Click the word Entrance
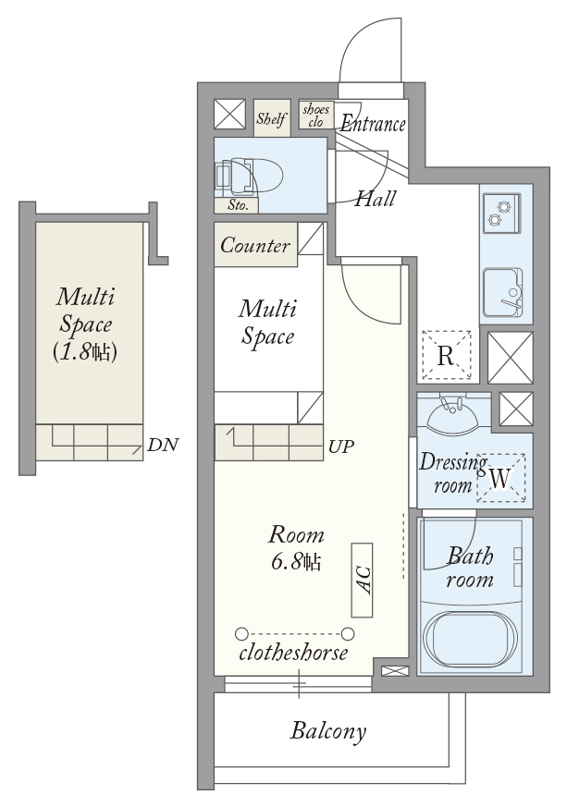pos(373,124)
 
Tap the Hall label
pos(376,198)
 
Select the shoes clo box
pos(316,116)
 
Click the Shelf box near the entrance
pos(271,118)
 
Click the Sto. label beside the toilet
pos(238,205)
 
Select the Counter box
pos(255,244)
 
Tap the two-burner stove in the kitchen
pos(501,213)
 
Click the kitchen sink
pos(502,292)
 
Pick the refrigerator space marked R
pos(446,355)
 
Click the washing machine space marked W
pos(500,478)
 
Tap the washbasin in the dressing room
pos(453,413)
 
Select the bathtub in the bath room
pos(469,638)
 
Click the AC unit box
pos(362,580)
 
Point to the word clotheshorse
pos(293,653)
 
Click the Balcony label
pos(328,731)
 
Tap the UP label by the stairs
pos(341,446)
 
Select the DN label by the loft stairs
pos(163,445)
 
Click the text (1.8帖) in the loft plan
pos(85,352)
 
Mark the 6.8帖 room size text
pos(296,561)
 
